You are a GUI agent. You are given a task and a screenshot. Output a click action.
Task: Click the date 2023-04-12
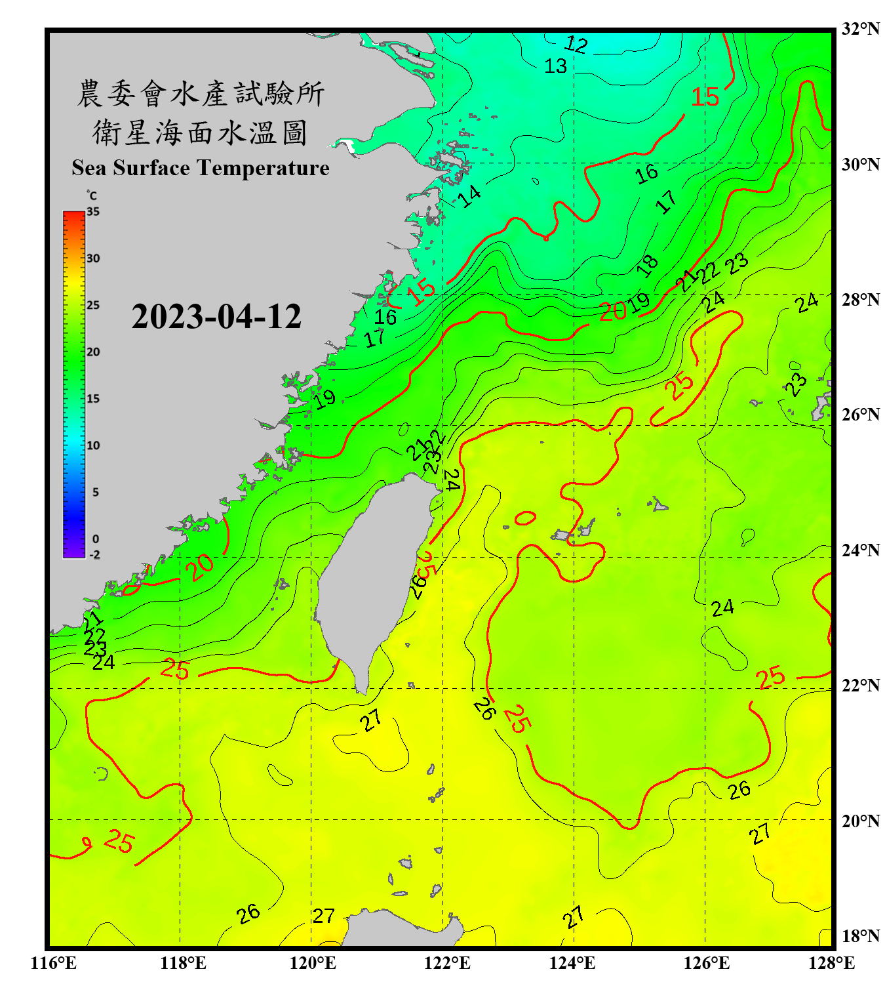point(216,317)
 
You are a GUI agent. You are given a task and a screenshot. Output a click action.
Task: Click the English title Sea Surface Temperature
point(201,168)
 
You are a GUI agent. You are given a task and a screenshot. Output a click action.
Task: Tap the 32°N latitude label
point(860,29)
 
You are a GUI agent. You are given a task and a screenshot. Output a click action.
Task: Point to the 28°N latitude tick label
point(860,300)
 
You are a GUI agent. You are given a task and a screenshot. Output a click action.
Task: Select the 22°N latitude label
point(860,686)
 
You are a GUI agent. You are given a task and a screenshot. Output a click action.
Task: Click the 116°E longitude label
point(54,963)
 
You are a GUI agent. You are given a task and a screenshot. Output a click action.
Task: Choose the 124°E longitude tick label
point(572,963)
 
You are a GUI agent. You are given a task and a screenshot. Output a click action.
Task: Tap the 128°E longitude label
point(831,963)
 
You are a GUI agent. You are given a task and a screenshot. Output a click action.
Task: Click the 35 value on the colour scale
point(93,212)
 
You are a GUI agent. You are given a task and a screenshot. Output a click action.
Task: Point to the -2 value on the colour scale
point(94,555)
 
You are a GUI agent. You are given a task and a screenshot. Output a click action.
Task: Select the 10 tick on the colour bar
point(93,445)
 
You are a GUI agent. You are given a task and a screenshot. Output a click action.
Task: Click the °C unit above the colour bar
point(92,195)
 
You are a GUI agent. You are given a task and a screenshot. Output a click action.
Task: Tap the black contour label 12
point(576,45)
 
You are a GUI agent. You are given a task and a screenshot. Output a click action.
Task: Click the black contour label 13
point(555,66)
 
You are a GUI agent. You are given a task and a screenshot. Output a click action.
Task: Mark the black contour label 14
point(469,195)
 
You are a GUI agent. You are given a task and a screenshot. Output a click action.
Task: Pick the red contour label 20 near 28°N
point(613,312)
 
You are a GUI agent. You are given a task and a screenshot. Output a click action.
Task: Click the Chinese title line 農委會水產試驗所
point(201,94)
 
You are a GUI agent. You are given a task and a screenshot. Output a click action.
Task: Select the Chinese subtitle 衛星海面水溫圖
point(201,133)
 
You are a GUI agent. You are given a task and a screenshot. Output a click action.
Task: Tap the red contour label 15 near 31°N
point(705,98)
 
